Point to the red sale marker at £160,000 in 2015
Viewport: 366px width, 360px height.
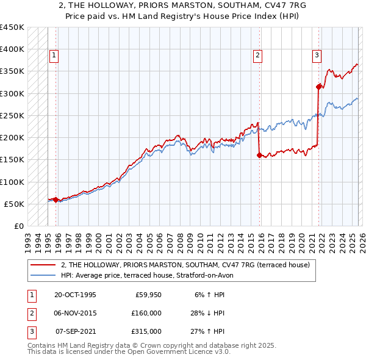click(260, 155)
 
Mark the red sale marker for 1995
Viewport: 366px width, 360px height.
click(56, 200)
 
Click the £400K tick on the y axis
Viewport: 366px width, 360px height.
click(12, 49)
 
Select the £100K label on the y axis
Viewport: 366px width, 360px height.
click(12, 182)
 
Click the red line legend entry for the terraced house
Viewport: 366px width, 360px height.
click(185, 265)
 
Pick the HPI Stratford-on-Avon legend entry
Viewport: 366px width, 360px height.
click(146, 275)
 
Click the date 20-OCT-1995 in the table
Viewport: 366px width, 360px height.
click(75, 295)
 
